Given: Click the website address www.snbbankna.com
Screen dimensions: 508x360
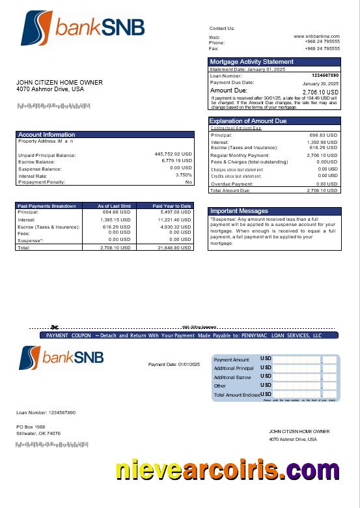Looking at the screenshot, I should click(x=316, y=36).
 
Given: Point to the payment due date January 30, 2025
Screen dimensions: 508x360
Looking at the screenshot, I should click(x=320, y=84).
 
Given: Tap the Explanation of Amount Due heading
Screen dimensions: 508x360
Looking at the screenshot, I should click(x=247, y=121).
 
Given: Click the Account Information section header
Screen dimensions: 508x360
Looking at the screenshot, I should click(x=46, y=135).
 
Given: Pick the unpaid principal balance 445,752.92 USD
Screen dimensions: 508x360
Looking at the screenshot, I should click(x=173, y=154).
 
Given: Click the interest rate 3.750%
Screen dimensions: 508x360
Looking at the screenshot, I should click(x=184, y=175).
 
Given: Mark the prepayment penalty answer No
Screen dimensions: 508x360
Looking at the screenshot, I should click(x=189, y=182).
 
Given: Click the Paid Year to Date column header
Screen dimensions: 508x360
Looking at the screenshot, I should click(x=172, y=206).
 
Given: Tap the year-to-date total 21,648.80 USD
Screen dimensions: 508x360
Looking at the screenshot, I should click(x=174, y=248).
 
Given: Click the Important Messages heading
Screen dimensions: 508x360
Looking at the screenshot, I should click(x=239, y=211).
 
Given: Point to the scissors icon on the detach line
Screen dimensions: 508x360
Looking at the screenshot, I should click(x=55, y=327).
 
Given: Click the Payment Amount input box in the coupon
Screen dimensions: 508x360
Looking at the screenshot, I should click(x=297, y=360).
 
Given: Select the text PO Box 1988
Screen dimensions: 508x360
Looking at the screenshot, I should click(x=31, y=427).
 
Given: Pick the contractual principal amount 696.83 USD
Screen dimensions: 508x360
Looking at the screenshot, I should click(x=323, y=135).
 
